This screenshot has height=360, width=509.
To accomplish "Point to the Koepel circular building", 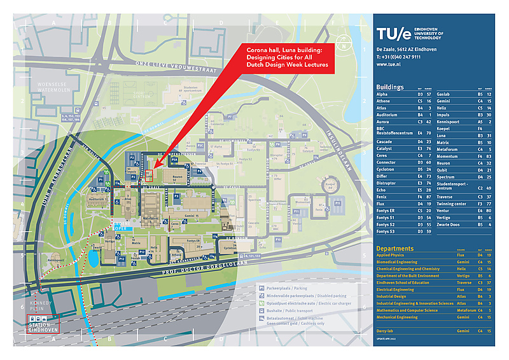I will [x=330, y=185].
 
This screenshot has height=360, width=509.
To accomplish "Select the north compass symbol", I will [x=344, y=45].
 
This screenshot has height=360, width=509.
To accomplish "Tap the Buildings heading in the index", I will [x=390, y=87].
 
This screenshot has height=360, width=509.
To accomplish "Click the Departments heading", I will [x=395, y=249].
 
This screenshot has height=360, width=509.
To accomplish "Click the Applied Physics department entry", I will [x=393, y=255].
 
